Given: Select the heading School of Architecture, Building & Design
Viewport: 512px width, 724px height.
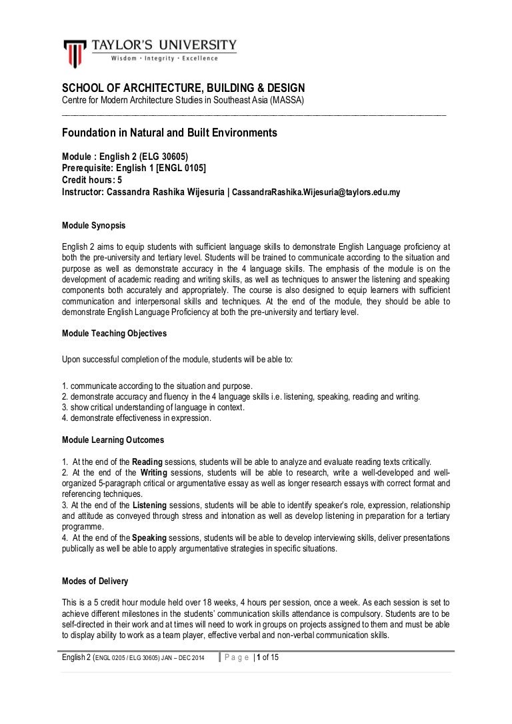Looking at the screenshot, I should (x=183, y=88).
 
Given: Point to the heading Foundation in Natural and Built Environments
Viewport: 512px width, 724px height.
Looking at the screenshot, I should (x=169, y=133).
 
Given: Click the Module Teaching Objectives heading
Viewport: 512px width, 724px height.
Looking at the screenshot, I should (x=114, y=332).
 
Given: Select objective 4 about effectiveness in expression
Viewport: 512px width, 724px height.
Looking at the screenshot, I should (x=136, y=418).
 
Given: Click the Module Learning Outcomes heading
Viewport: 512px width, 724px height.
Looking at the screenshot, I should (x=113, y=440).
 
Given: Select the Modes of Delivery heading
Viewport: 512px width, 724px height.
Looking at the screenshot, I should (x=95, y=580).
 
